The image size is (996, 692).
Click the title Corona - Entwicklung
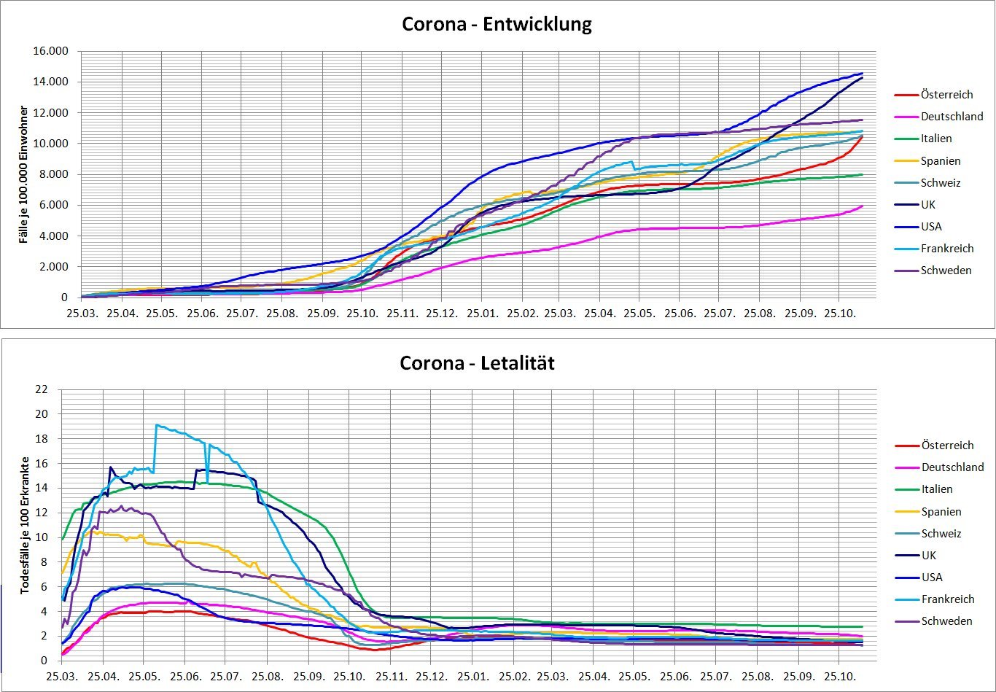(497, 24)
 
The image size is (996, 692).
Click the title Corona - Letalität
(477, 362)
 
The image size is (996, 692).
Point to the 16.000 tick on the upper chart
(50, 51)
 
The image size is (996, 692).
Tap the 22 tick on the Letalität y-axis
(42, 389)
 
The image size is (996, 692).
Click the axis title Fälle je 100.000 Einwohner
(24, 174)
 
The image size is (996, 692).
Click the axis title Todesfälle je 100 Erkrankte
(24, 525)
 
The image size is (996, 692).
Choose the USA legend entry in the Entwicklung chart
(931, 226)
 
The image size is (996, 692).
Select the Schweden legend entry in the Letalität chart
(946, 621)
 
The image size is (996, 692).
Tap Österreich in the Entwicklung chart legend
(946, 95)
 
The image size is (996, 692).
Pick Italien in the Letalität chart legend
(937, 489)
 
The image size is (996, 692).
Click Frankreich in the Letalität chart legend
(948, 599)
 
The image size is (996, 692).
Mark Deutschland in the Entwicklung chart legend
(952, 117)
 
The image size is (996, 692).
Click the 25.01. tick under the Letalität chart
(472, 676)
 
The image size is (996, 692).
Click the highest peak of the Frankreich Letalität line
(156, 424)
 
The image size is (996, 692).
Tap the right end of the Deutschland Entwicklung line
(863, 206)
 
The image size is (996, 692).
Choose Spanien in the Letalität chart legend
(941, 512)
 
